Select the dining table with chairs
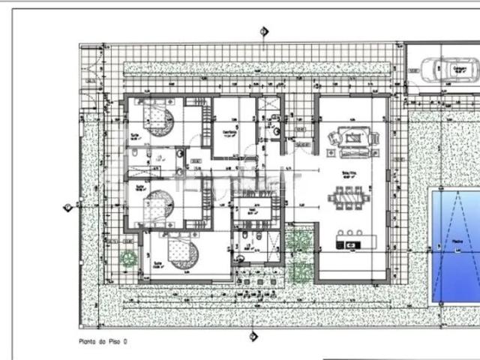click(349, 200)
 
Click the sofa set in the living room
click(349, 140)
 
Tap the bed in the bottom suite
click(181, 253)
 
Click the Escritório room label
click(229, 133)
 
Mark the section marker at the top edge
click(263, 31)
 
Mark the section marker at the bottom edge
click(253, 335)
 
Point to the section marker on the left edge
click(68, 206)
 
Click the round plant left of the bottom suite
click(128, 257)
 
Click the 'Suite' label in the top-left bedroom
click(134, 136)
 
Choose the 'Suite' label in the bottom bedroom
click(157, 264)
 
